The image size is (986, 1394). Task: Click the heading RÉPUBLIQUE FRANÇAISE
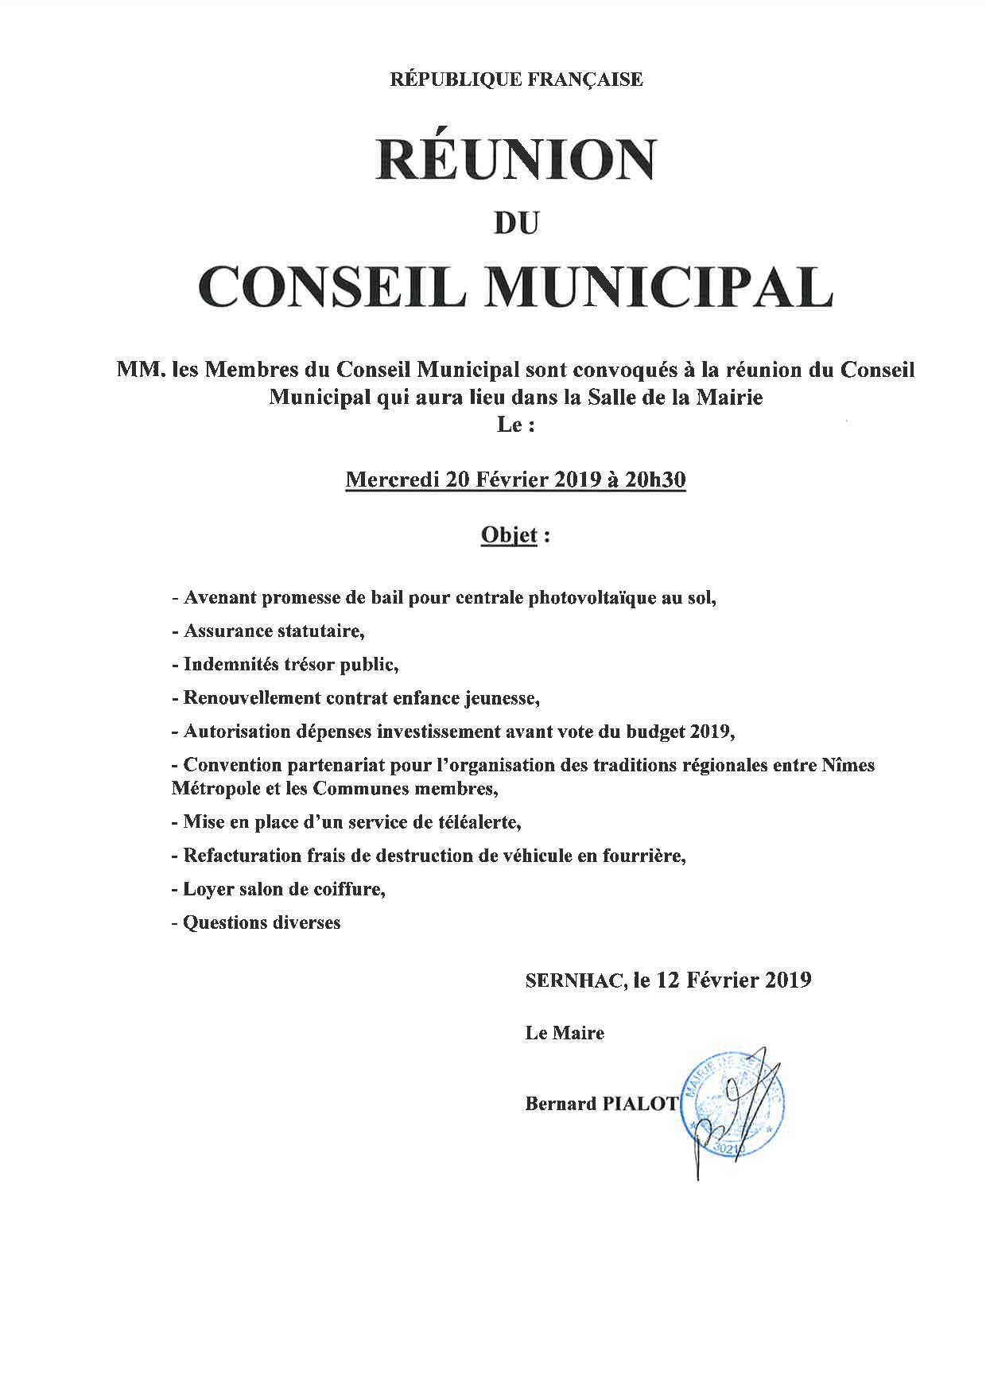tap(515, 80)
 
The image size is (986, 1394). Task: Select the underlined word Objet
tap(510, 535)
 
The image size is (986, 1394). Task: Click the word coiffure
tap(347, 889)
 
